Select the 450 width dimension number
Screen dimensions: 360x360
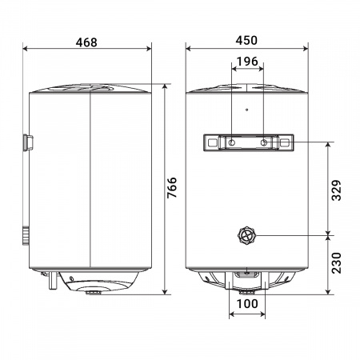tap(247, 41)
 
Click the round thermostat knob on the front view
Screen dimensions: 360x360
tap(247, 235)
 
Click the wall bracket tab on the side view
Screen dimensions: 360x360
tap(28, 142)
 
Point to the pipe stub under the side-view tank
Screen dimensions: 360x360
tap(50, 281)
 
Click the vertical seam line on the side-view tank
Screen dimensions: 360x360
tap(90, 184)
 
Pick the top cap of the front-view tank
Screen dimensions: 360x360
tap(247, 87)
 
